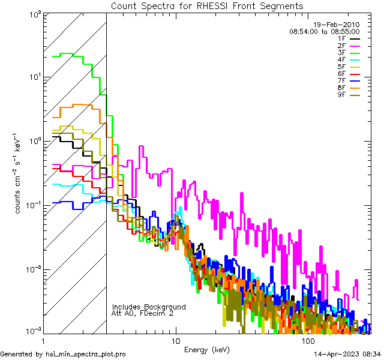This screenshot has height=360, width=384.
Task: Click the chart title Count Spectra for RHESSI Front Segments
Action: point(207,5)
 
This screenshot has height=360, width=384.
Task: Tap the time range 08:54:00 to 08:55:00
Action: point(324,31)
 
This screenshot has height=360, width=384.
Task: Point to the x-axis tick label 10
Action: point(175,341)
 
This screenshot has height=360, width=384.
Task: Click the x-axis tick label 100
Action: point(308,341)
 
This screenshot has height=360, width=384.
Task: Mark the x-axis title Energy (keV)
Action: point(207,350)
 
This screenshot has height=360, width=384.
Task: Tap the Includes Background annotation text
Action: point(149,307)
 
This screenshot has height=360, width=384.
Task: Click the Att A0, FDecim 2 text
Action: point(143,313)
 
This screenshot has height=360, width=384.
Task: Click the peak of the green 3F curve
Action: point(67,53)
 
